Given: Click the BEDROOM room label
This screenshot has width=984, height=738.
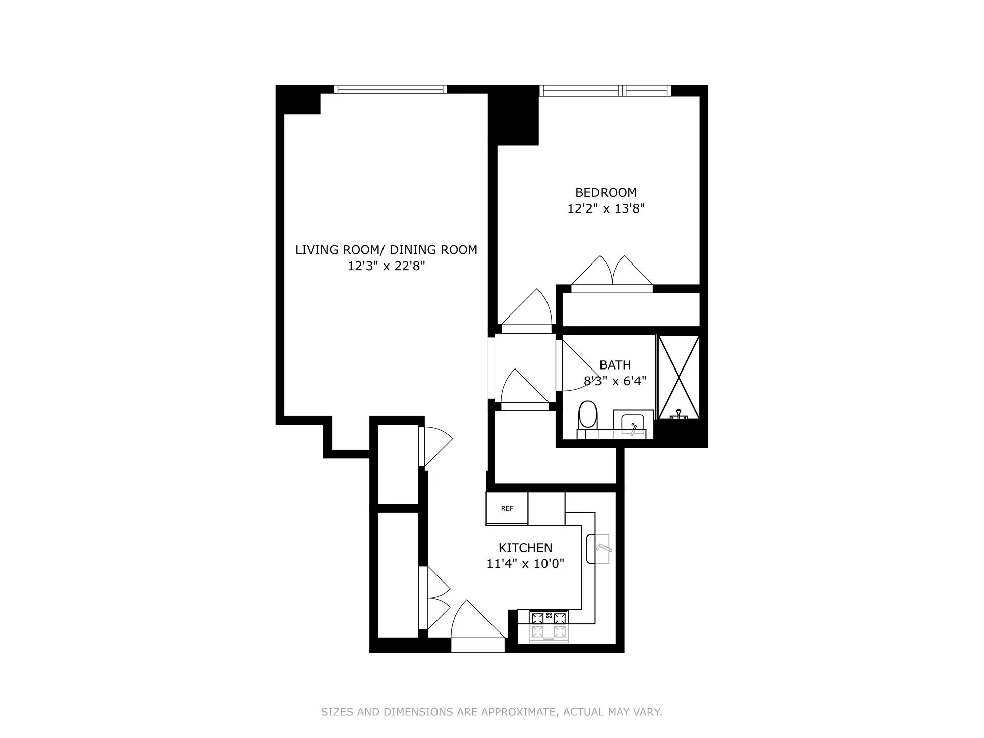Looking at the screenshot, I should [x=606, y=192].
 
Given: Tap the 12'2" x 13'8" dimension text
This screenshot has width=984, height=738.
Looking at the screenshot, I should [x=606, y=208].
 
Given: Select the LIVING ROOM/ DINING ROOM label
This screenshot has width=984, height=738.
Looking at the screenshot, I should [x=386, y=250].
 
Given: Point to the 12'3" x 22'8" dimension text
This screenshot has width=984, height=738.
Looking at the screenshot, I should [x=386, y=266].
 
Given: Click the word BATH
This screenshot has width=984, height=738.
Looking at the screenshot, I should [x=615, y=365].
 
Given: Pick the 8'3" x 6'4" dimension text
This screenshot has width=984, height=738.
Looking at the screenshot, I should [x=615, y=381].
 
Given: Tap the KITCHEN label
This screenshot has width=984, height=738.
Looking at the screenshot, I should [x=525, y=548].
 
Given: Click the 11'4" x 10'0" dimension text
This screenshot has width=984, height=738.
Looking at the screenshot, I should [x=525, y=563].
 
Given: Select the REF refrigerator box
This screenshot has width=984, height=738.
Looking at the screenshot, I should [x=507, y=509].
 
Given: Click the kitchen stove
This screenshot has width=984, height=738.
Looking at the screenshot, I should [x=549, y=626].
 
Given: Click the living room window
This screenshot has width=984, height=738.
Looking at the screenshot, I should [x=391, y=89].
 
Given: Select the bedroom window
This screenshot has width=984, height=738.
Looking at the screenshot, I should [x=605, y=91].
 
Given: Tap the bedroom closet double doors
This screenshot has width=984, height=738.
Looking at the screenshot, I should [x=612, y=275].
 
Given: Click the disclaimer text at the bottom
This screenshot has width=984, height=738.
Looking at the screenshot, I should [x=491, y=712].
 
